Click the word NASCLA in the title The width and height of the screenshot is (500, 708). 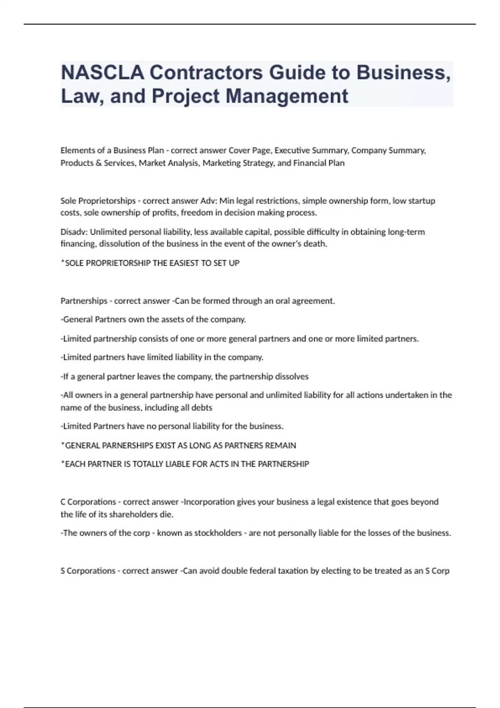(x=102, y=73)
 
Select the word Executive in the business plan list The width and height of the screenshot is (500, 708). (x=292, y=150)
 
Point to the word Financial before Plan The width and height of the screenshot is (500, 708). (x=311, y=163)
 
